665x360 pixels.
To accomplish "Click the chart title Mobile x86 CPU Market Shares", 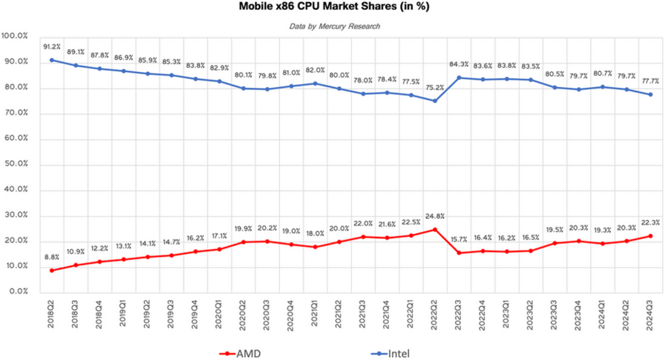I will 333,7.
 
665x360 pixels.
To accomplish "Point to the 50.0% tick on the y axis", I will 15,163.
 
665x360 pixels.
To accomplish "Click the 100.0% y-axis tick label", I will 15,36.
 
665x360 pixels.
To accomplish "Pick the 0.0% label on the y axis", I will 17,292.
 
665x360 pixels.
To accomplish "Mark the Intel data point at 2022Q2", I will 435,101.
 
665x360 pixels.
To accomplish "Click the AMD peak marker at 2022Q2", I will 435,230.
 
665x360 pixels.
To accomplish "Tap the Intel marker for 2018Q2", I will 52,60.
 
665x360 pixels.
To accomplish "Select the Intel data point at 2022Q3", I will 458,78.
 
